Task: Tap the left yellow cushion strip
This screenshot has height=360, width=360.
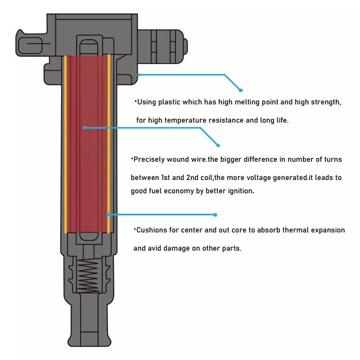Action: pos(66,144)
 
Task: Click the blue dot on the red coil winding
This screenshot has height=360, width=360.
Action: pos(84,128)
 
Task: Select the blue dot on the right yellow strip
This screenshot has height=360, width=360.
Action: pos(108,215)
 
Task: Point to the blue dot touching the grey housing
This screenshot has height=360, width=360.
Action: pos(138,75)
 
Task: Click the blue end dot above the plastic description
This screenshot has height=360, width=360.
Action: pos(241,90)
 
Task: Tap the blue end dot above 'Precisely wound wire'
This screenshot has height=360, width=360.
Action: pos(218,145)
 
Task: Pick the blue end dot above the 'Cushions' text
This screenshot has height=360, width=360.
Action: pos(215,215)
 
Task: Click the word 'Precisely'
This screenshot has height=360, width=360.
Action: pos(151,159)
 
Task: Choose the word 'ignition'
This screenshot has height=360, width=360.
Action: pos(240,191)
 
